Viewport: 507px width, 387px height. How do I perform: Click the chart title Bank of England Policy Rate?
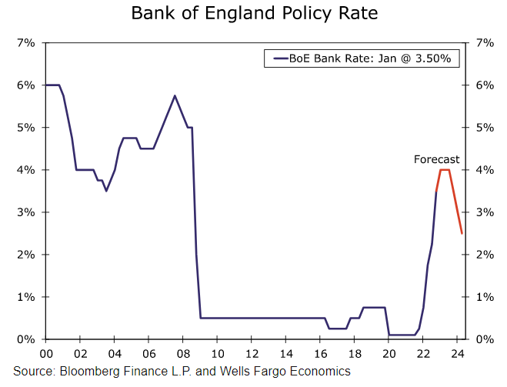tap(254, 14)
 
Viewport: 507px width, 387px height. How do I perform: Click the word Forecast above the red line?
tap(436, 159)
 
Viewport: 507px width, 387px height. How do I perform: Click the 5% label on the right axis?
tap(484, 127)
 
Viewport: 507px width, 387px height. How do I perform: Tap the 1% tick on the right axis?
tap(484, 297)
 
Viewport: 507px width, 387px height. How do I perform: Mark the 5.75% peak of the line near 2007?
tap(175, 95)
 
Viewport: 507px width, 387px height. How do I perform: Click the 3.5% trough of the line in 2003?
tap(106, 191)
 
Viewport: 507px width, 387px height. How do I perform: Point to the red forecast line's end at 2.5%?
tap(462, 233)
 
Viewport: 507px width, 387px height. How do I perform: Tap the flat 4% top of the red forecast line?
tap(444, 169)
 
